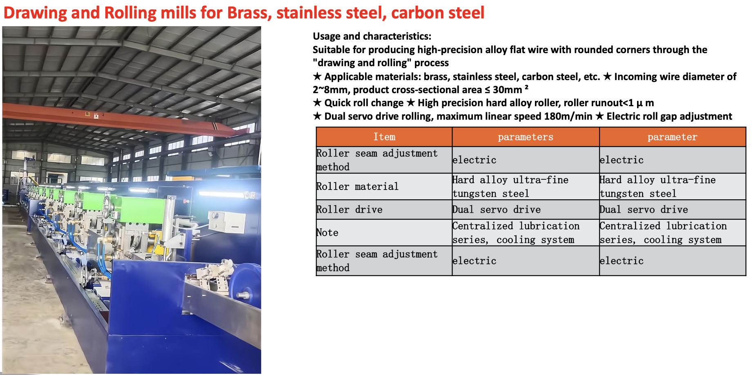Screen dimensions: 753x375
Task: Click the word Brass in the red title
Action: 250,13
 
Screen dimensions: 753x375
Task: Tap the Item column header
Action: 384,137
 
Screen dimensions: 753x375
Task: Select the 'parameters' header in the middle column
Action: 526,137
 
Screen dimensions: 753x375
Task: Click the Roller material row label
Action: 357,187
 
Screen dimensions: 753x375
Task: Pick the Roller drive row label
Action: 350,210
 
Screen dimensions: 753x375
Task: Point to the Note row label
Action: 327,232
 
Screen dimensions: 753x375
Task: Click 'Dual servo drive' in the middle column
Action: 497,210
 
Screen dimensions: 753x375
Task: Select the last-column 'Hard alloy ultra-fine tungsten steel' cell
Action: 657,187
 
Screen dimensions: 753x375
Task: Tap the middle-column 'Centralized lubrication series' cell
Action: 516,233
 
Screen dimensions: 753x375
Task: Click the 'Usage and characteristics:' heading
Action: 372,36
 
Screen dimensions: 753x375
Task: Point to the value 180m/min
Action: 568,116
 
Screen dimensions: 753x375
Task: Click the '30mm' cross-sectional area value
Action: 508,90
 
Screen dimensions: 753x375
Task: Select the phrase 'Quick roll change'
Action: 364,103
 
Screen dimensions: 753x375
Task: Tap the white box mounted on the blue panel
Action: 226,223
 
